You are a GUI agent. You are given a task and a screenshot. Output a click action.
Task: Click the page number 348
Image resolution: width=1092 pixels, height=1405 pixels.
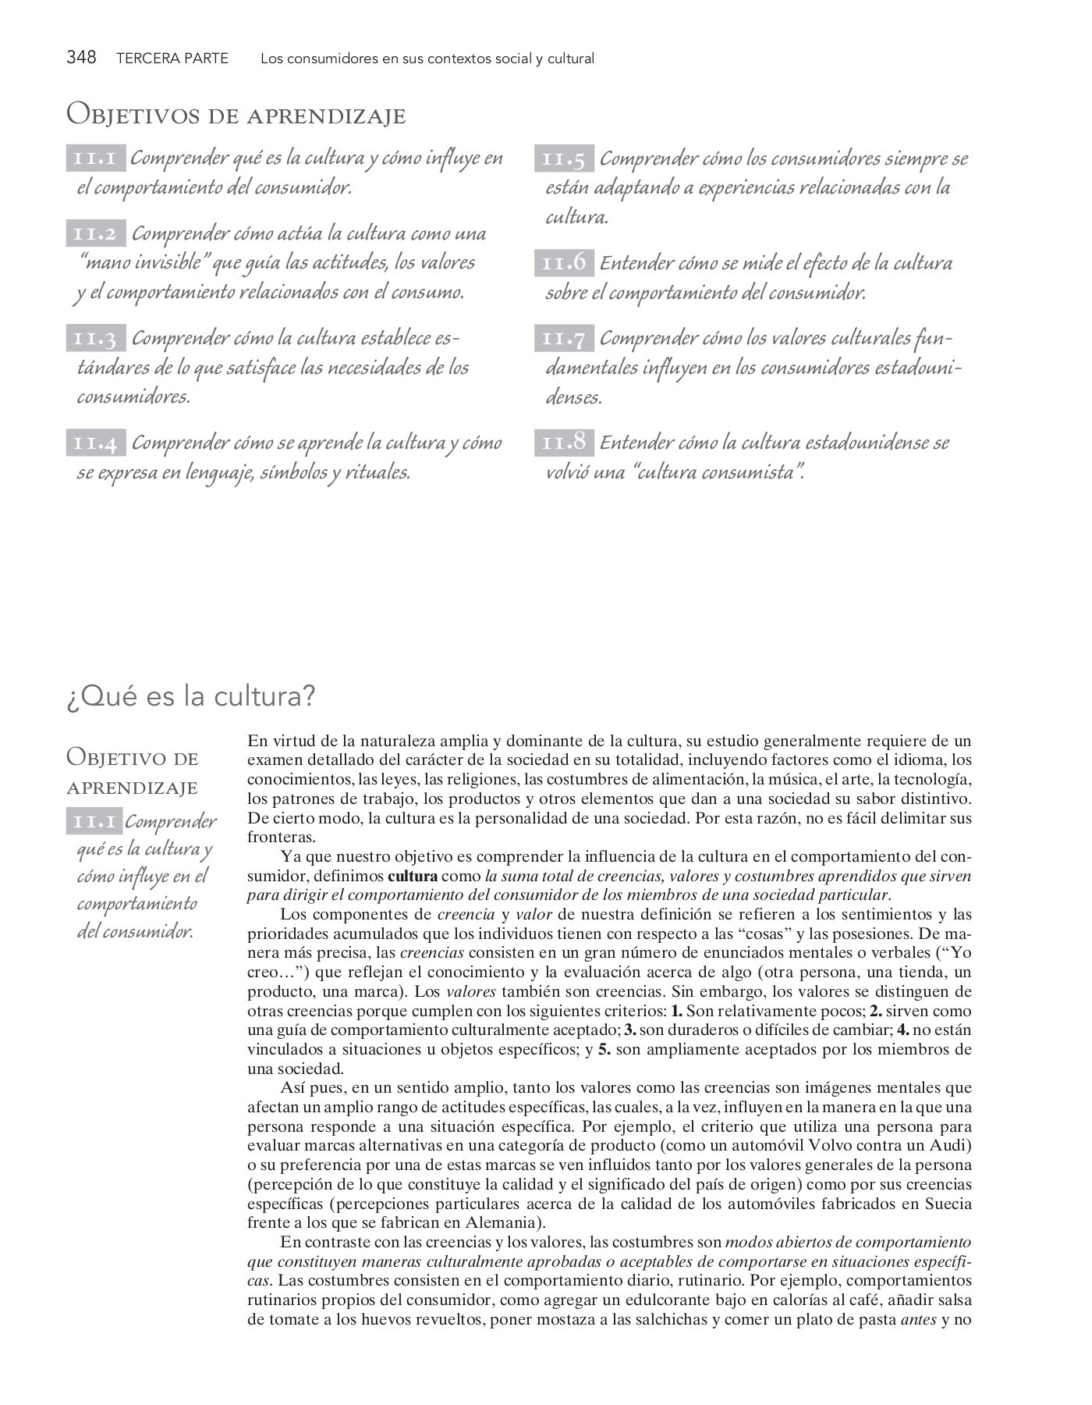click(81, 58)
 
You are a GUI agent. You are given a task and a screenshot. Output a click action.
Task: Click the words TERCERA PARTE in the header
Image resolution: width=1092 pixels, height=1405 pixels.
click(172, 59)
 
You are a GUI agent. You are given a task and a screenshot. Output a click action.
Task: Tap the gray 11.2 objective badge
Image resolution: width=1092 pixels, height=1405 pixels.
click(95, 233)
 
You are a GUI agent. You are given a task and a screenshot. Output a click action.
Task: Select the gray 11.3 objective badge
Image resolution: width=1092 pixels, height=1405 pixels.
click(95, 338)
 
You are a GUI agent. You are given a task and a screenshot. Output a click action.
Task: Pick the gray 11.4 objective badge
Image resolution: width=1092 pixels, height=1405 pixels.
click(95, 443)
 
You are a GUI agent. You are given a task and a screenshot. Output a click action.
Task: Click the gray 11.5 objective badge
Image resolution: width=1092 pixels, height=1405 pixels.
click(564, 158)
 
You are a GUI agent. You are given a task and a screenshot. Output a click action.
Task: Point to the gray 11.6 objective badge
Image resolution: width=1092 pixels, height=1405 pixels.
click(564, 263)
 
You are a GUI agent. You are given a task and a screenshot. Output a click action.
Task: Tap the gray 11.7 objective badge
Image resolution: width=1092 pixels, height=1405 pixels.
click(564, 338)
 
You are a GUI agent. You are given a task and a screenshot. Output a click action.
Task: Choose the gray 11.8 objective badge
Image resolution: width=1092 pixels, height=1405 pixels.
click(564, 443)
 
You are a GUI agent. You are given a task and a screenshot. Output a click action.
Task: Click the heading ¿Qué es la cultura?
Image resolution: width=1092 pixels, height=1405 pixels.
click(191, 695)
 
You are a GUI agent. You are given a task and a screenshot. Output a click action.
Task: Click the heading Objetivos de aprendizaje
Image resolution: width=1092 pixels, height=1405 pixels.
click(236, 115)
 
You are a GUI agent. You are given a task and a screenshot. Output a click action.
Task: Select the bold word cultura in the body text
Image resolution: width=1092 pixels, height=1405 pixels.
click(412, 876)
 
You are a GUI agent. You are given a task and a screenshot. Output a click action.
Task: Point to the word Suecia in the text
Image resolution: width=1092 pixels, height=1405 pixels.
click(948, 1204)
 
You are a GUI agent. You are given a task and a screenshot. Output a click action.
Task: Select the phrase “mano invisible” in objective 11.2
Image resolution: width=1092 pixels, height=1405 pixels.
click(143, 263)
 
